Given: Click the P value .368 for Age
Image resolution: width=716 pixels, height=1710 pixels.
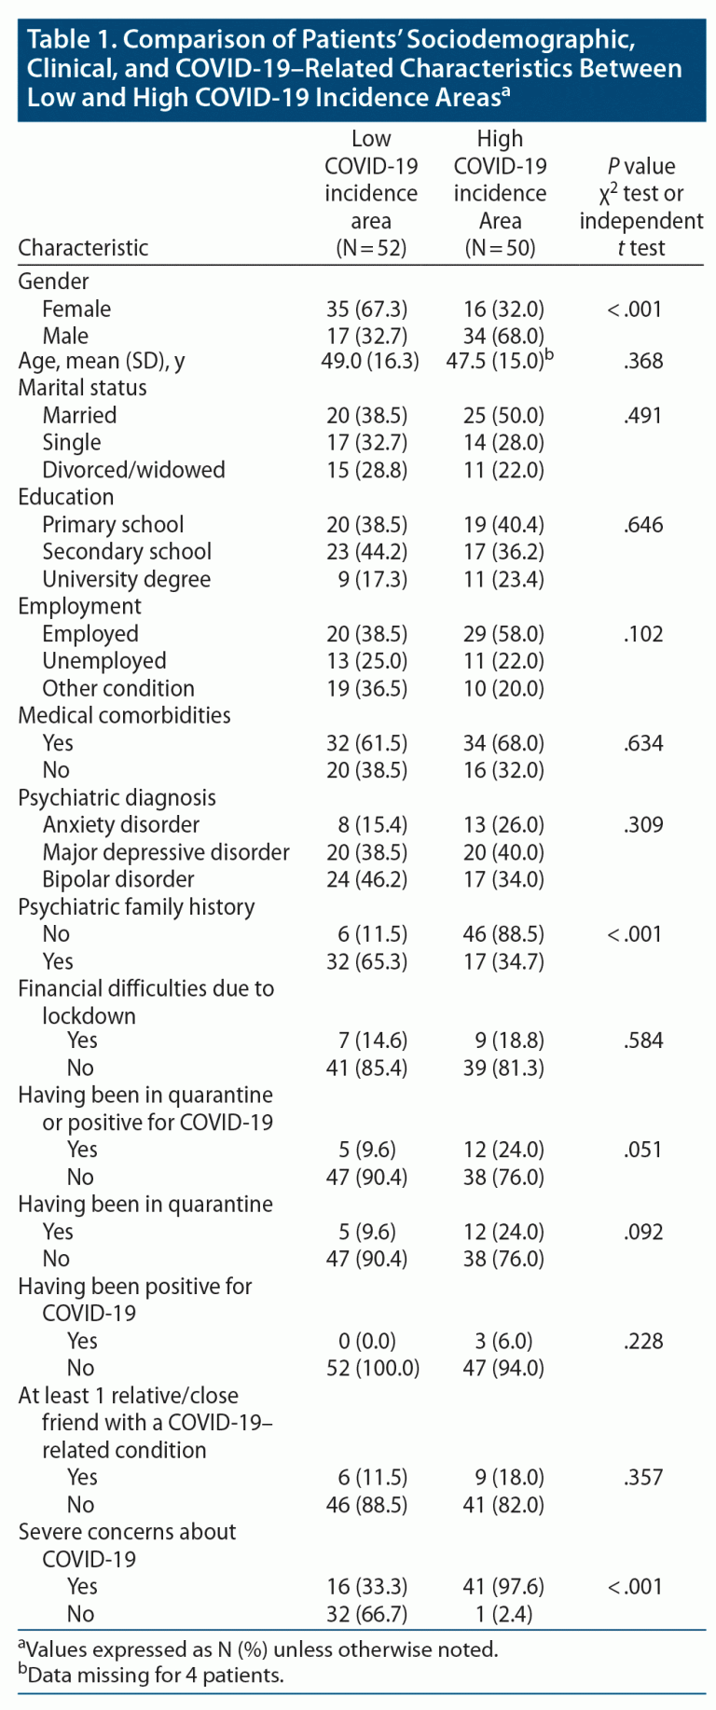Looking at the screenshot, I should coord(643,361).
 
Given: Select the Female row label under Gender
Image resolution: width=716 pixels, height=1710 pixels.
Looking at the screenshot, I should coord(76,309).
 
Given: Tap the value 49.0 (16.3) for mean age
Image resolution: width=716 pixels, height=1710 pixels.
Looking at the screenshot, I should coord(370,361).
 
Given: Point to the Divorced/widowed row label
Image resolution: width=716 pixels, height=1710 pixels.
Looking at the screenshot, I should coord(133,469).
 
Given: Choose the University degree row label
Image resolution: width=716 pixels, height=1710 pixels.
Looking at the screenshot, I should coord(126,579).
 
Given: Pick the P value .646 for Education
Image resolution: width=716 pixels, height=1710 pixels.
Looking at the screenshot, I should coord(643,524).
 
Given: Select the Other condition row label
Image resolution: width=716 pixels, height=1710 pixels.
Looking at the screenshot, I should coord(118,688).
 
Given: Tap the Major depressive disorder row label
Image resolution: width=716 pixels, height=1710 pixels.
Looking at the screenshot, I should coord(166,852).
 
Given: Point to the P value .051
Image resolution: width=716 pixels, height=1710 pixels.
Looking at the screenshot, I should coord(643,1150).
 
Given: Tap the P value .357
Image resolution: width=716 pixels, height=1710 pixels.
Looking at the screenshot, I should coord(643,1477).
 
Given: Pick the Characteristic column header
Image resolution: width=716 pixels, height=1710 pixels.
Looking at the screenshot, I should coord(83,247).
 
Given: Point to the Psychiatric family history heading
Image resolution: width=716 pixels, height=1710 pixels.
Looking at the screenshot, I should coord(136,906).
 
